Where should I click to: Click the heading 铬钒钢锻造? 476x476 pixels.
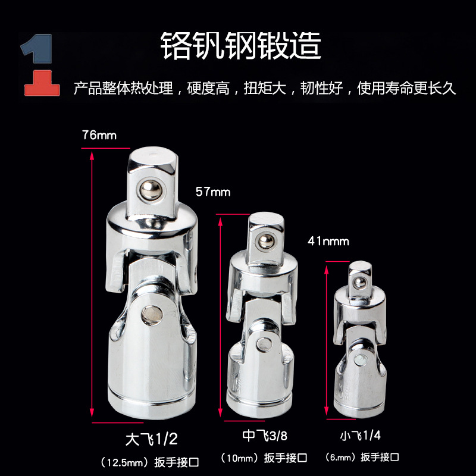click(241, 45)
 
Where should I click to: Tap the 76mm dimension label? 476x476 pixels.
click(99, 135)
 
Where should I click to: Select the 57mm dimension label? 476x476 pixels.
click(212, 192)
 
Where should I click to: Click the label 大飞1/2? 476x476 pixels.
click(152, 439)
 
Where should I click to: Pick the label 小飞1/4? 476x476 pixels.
click(361, 435)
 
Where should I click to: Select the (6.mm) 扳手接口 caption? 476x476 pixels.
click(362, 457)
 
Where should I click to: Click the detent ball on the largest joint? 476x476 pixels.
click(145, 190)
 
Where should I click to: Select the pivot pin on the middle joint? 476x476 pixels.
click(265, 344)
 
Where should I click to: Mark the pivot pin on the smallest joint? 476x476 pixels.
click(361, 361)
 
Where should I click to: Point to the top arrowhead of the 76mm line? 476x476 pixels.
click(92, 154)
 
